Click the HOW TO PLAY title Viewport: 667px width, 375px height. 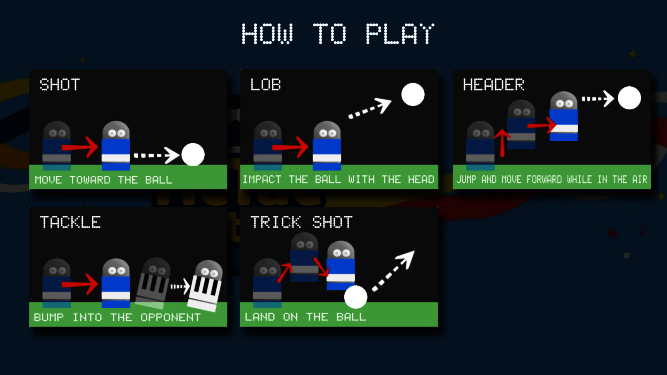pyautogui.click(x=338, y=34)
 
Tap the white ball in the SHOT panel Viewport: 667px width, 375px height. pyautogui.click(x=193, y=155)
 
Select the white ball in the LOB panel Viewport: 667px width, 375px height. pyautogui.click(x=413, y=94)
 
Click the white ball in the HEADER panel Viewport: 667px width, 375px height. pyautogui.click(x=629, y=98)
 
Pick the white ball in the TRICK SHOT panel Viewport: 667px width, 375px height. pyautogui.click(x=355, y=297)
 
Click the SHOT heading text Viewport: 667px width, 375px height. pyautogui.click(x=60, y=85)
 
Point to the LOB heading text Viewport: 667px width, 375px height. pyautogui.click(x=266, y=85)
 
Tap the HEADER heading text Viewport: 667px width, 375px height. pyautogui.click(x=493, y=85)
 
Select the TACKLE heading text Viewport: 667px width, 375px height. pyautogui.click(x=71, y=222)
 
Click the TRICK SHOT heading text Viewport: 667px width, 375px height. pyautogui.click(x=302, y=222)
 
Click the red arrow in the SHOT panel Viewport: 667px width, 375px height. pyautogui.click(x=81, y=147)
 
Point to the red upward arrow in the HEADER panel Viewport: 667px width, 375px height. pyautogui.click(x=502, y=142)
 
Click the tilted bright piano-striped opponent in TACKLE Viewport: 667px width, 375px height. pyautogui.click(x=206, y=286)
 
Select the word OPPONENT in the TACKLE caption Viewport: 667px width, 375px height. pyautogui.click(x=171, y=317)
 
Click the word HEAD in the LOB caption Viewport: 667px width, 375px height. pyautogui.click(x=421, y=180)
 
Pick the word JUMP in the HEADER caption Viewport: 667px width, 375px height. pyautogui.click(x=466, y=180)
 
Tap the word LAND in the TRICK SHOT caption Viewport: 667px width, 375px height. pyautogui.click(x=260, y=317)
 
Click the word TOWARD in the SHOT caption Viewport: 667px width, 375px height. pyautogui.click(x=90, y=180)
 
